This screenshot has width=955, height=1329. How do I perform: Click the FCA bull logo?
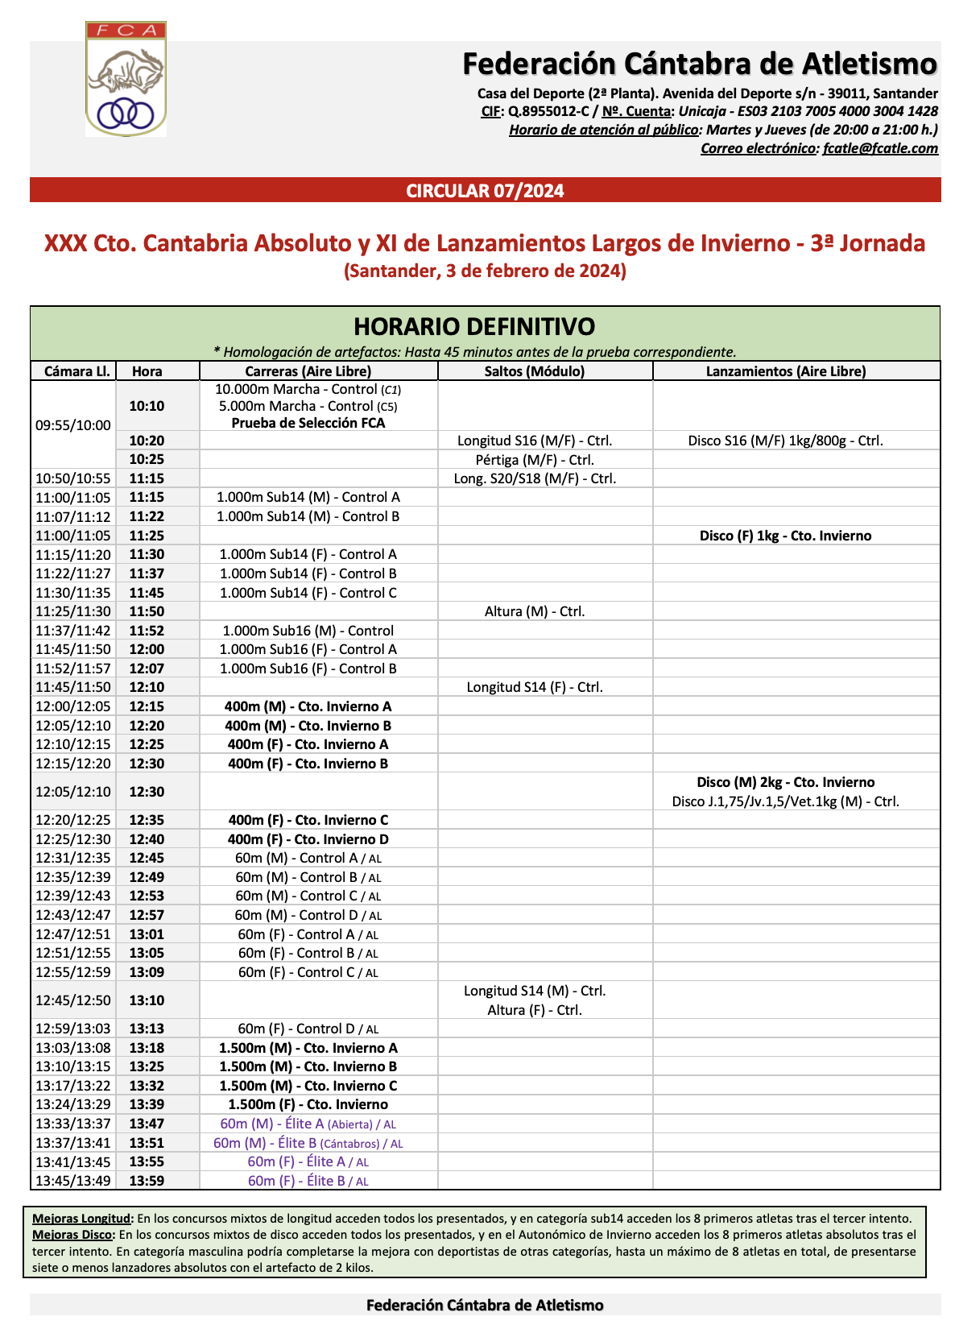pyautogui.click(x=126, y=79)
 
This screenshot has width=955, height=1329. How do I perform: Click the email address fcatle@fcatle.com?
pyautogui.click(x=880, y=148)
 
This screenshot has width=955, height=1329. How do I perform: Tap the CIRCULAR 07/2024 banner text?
pyautogui.click(x=485, y=191)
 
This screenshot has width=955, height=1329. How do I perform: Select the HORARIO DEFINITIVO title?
pyautogui.click(x=474, y=326)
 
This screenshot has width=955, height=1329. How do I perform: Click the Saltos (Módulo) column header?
pyautogui.click(x=535, y=371)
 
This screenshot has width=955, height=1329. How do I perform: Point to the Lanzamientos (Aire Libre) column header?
pyautogui.click(x=786, y=371)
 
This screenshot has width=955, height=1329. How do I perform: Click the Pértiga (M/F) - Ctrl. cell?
pyautogui.click(x=535, y=460)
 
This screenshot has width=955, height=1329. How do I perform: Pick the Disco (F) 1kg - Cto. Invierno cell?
pyautogui.click(x=785, y=536)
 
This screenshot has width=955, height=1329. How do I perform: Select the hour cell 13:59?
pyautogui.click(x=147, y=1181)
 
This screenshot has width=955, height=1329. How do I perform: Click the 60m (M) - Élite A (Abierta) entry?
pyautogui.click(x=308, y=1124)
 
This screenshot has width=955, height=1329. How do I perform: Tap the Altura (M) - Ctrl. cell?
pyautogui.click(x=535, y=611)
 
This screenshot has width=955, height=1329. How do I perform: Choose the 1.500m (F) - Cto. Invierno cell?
pyautogui.click(x=308, y=1104)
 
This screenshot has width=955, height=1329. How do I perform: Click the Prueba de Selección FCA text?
pyautogui.click(x=308, y=423)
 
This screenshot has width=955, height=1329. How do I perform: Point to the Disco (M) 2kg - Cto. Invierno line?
pyautogui.click(x=785, y=782)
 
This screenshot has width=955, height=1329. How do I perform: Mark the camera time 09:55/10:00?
pyautogui.click(x=73, y=425)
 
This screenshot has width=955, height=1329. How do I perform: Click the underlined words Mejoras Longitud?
pyautogui.click(x=81, y=1219)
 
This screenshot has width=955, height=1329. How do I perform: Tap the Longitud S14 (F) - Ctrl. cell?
pyautogui.click(x=535, y=687)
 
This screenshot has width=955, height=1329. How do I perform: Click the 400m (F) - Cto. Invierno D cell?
pyautogui.click(x=308, y=839)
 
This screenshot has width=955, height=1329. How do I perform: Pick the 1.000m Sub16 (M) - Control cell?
pyautogui.click(x=308, y=631)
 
